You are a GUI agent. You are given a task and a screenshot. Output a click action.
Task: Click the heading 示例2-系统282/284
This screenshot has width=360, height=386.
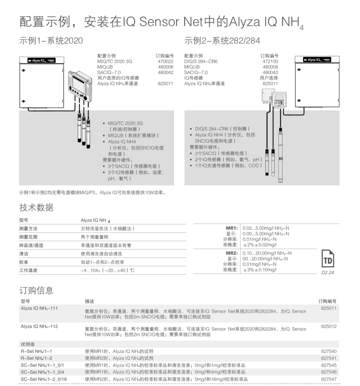click(222, 41)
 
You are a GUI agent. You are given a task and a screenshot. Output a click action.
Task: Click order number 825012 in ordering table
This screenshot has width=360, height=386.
click(329, 327)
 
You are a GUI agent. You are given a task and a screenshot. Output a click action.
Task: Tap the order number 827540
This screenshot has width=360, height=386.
click(329, 351)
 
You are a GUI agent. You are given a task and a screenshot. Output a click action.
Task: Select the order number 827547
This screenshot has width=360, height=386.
click(329, 378)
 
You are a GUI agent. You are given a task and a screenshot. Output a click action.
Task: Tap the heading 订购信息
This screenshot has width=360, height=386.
click(36, 291)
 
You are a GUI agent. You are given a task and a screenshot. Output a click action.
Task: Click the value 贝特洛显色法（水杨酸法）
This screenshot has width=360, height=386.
click(108, 228)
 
